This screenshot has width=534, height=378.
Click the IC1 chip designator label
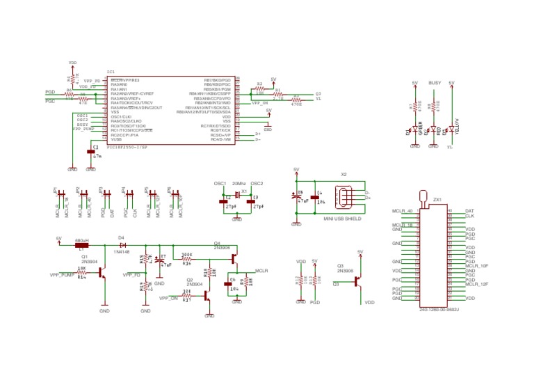pyautogui.click(x=111, y=72)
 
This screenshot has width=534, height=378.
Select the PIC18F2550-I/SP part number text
pyautogui.click(x=127, y=148)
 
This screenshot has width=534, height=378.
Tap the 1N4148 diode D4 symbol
pyautogui.click(x=122, y=245)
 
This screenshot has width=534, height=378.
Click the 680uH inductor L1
pyautogui.click(x=81, y=245)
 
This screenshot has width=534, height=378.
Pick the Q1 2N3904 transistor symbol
pyautogui.click(x=102, y=273)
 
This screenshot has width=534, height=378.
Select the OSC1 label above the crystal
pyautogui.click(x=220, y=183)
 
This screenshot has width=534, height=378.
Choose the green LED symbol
pyautogui.click(x=415, y=129)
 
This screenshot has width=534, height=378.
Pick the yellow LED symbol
pyautogui.click(x=451, y=129)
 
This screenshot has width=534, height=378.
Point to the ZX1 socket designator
pyautogui.click(x=437, y=200)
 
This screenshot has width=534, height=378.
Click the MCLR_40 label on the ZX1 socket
pyautogui.click(x=402, y=210)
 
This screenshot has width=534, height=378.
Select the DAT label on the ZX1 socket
pyautogui.click(x=469, y=210)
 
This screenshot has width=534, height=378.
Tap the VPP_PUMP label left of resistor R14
pyautogui.click(x=62, y=275)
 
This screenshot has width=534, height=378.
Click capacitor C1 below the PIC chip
pyautogui.click(x=90, y=151)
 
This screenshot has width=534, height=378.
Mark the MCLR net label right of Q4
pyautogui.click(x=262, y=269)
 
